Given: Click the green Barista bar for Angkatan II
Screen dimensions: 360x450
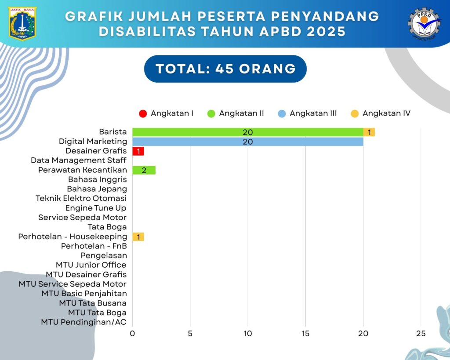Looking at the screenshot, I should (247, 132).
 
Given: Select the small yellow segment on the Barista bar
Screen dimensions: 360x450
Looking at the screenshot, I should (369, 132).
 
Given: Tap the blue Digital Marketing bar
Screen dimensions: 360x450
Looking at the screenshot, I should (247, 142).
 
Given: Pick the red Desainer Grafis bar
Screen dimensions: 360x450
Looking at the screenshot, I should (138, 151).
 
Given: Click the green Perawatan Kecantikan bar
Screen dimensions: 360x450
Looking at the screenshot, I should (144, 170).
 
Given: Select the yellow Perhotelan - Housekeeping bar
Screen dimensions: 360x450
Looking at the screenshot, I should (138, 237).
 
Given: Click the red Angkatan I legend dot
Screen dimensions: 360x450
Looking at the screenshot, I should (143, 113).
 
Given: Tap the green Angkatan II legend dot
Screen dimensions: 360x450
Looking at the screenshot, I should (211, 113).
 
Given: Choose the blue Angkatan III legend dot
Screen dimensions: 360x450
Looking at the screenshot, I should (282, 113).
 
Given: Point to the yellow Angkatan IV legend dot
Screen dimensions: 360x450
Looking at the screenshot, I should (354, 113).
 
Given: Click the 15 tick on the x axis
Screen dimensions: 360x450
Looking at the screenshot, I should (305, 334).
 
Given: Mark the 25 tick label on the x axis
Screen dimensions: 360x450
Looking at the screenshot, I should (421, 334).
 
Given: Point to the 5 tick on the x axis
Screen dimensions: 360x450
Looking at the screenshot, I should (190, 334).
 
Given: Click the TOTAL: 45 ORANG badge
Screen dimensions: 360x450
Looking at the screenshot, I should (225, 69).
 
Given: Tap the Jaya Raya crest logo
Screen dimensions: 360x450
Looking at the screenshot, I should (22, 23).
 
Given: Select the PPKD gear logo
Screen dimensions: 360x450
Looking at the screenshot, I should (424, 23).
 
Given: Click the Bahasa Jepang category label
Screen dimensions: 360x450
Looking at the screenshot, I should (97, 189).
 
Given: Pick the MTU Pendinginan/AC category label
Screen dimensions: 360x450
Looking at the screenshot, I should (83, 322).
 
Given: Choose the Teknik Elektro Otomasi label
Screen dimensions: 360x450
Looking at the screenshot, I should (81, 198).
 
